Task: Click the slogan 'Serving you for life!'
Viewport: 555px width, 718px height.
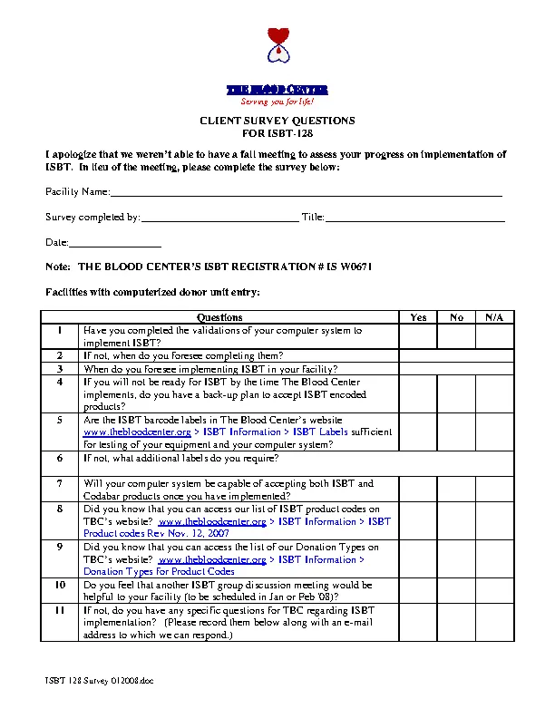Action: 277,102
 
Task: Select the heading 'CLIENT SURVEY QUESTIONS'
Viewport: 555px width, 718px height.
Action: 277,121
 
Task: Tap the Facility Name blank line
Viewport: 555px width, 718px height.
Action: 306,193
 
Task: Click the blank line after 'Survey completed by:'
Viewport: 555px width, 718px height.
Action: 219,218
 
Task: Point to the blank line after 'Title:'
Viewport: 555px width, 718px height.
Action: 414,218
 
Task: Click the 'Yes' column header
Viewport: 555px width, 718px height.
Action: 418,317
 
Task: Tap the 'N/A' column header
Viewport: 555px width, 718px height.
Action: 494,317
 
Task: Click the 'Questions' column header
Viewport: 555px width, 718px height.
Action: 219,317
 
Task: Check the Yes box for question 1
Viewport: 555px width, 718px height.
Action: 418,336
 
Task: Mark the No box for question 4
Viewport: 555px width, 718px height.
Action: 456,394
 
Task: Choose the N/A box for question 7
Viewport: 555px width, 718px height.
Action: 494,490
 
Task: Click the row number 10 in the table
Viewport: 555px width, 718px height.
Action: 60,586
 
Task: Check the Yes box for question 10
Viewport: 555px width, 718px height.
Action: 418,591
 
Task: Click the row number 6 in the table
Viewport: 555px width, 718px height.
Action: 60,459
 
